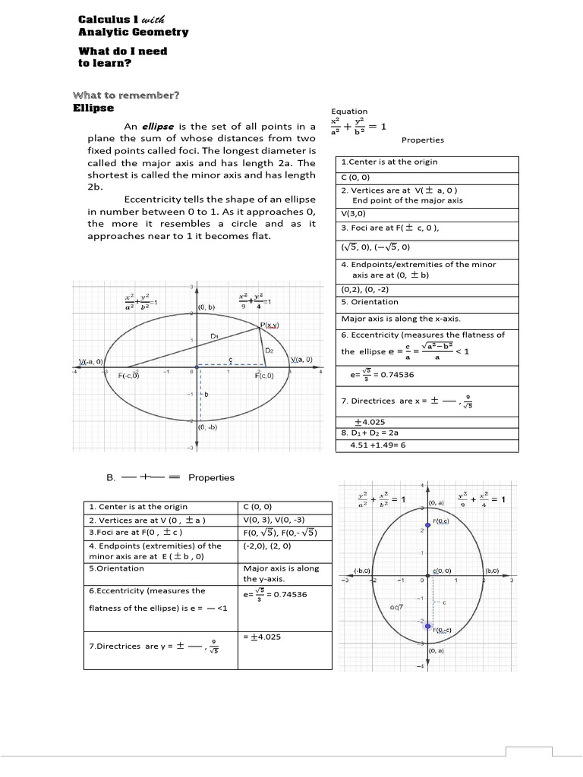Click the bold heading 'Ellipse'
coord(93,109)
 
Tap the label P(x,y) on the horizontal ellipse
coord(270,324)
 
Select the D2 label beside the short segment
coord(269,351)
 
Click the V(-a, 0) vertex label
coord(93,360)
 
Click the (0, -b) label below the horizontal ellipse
coord(207,426)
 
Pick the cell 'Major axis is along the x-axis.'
coord(401,319)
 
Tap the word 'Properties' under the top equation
coord(423,140)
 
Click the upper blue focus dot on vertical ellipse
coord(428,525)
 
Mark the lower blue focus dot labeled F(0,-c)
coord(428,627)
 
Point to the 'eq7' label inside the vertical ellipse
coord(396,607)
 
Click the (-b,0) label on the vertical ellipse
coord(362,570)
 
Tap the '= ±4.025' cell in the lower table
coord(263,637)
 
